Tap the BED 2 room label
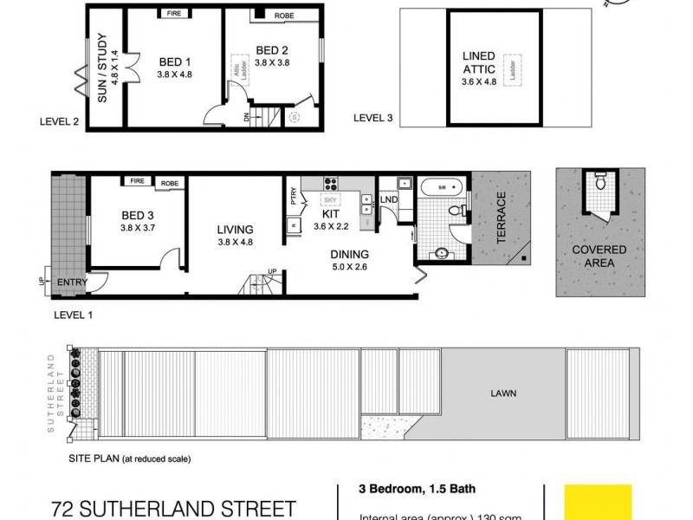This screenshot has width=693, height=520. click(270, 49)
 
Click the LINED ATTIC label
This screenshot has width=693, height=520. click(479, 62)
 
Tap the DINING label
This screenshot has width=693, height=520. click(350, 254)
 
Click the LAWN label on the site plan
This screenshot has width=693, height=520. click(503, 393)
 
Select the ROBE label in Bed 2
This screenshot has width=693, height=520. click(284, 16)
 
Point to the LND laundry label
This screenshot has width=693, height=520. click(389, 200)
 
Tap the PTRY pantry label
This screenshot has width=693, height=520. click(294, 197)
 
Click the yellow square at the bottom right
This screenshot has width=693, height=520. click(598, 503)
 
